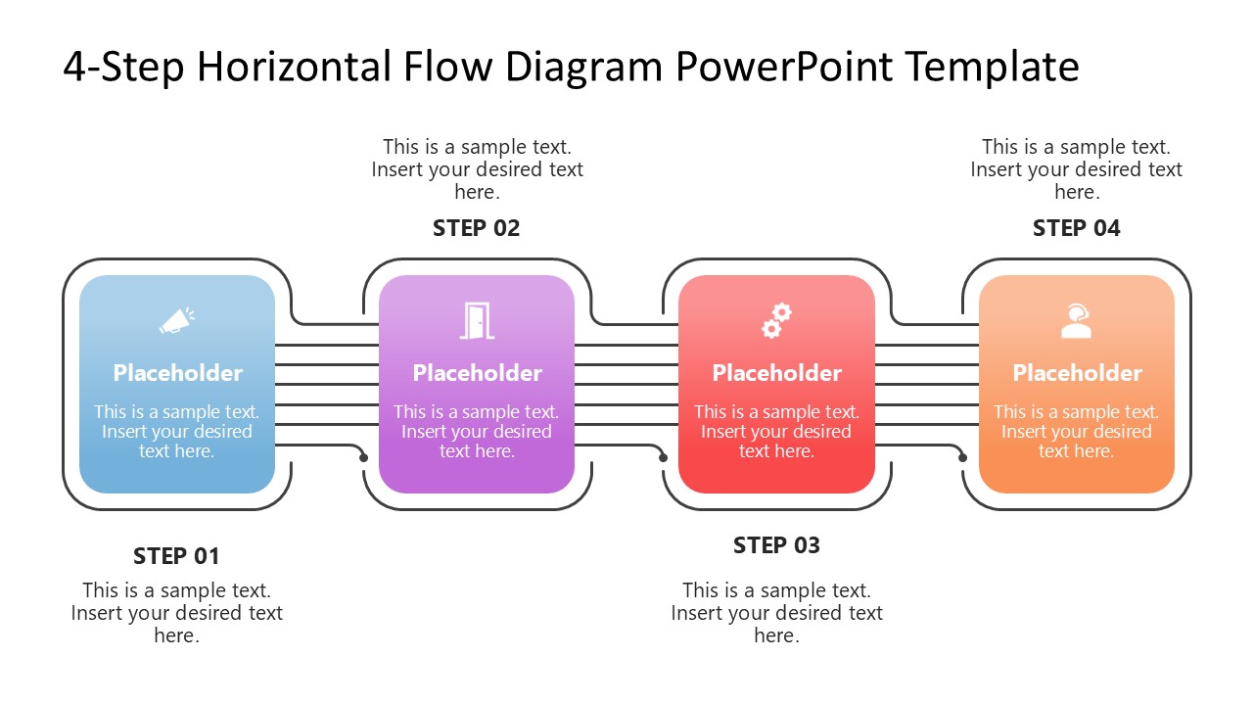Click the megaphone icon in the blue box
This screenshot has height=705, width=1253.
tap(176, 320)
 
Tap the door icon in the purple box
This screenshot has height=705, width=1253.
tap(477, 320)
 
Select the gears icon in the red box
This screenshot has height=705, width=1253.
tap(776, 320)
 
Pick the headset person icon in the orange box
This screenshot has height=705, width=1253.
tap(1076, 320)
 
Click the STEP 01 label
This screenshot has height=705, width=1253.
tap(176, 556)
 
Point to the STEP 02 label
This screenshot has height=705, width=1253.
tap(477, 228)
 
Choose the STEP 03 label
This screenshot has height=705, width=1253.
tap(776, 545)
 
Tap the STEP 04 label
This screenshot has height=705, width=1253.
tap(1076, 228)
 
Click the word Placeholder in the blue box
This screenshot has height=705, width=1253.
tap(177, 373)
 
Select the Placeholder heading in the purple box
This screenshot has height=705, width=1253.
tap(477, 373)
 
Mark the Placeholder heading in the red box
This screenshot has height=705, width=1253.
tap(776, 373)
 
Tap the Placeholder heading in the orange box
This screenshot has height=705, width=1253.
tap(1077, 373)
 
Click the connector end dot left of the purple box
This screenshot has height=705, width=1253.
tap(364, 457)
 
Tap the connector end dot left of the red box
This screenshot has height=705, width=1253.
tap(664, 457)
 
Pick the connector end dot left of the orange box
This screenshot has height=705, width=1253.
tap(963, 457)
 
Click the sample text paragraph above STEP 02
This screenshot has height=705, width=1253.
tap(477, 169)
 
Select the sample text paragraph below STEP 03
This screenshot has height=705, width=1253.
tap(776, 613)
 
